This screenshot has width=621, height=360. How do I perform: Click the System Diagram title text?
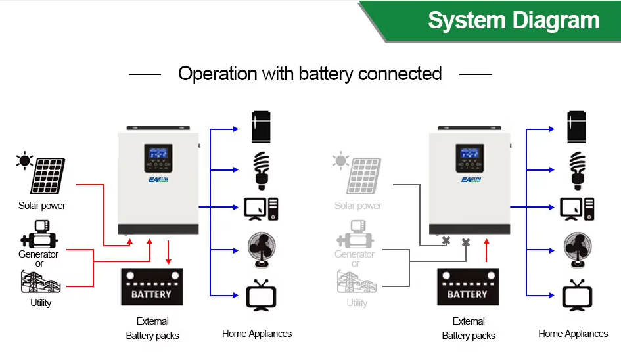[514, 20]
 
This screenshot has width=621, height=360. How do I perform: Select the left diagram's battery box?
[151, 287]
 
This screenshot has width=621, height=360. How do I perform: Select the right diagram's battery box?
[467, 287]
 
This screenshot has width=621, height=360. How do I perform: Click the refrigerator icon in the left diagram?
[261, 127]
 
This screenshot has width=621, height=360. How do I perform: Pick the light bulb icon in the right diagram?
[577, 168]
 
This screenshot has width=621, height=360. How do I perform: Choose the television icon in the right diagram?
[577, 295]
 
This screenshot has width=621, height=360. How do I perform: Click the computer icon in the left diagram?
[261, 208]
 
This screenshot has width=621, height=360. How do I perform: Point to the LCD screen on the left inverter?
[158, 155]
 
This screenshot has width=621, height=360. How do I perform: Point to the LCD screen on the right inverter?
[470, 155]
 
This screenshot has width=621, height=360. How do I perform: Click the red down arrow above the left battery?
[169, 252]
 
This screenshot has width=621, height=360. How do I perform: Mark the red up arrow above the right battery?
[486, 251]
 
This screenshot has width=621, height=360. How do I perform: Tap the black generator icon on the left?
[38, 233]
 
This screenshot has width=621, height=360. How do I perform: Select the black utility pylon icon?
[41, 282]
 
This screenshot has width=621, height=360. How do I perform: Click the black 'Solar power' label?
[42, 206]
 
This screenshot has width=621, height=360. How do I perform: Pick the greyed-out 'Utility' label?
[357, 303]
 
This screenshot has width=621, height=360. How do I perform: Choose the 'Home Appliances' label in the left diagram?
[257, 334]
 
